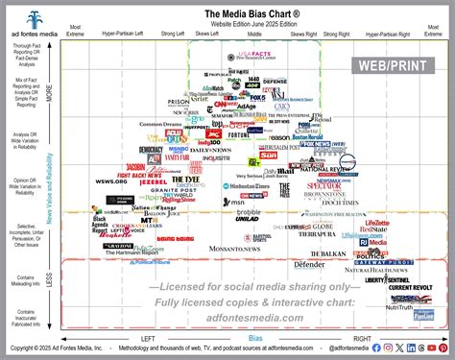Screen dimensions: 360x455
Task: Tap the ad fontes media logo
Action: pyautogui.click(x=36, y=21)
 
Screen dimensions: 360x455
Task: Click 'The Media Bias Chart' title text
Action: pyautogui.click(x=255, y=14)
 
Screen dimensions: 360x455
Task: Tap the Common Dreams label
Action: pyautogui.click(x=159, y=124)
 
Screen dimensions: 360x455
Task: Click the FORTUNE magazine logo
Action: pyautogui.click(x=238, y=134)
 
